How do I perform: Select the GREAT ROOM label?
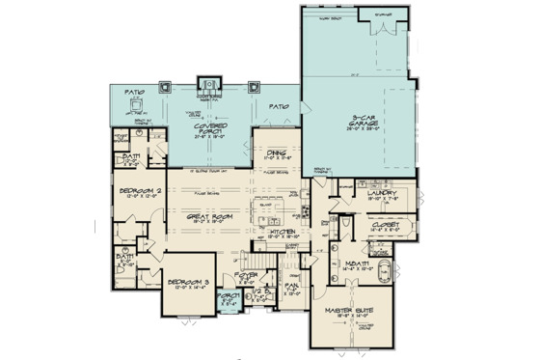coord(199,218)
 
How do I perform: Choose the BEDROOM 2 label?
coord(141,192)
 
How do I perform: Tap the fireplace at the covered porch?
coord(207,87)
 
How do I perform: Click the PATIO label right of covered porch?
coord(280,106)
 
